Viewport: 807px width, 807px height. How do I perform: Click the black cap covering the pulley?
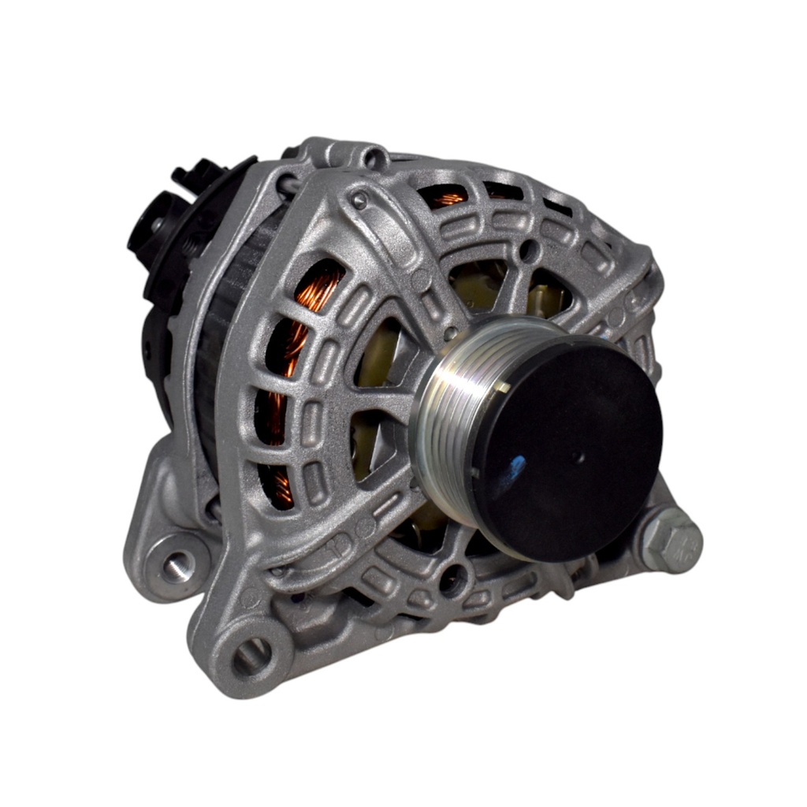click(x=567, y=449)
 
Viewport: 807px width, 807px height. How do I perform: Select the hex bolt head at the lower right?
click(x=671, y=542)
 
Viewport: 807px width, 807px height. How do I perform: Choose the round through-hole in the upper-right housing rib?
click(x=530, y=251)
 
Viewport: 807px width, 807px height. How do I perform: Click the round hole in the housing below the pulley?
click(x=452, y=582)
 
